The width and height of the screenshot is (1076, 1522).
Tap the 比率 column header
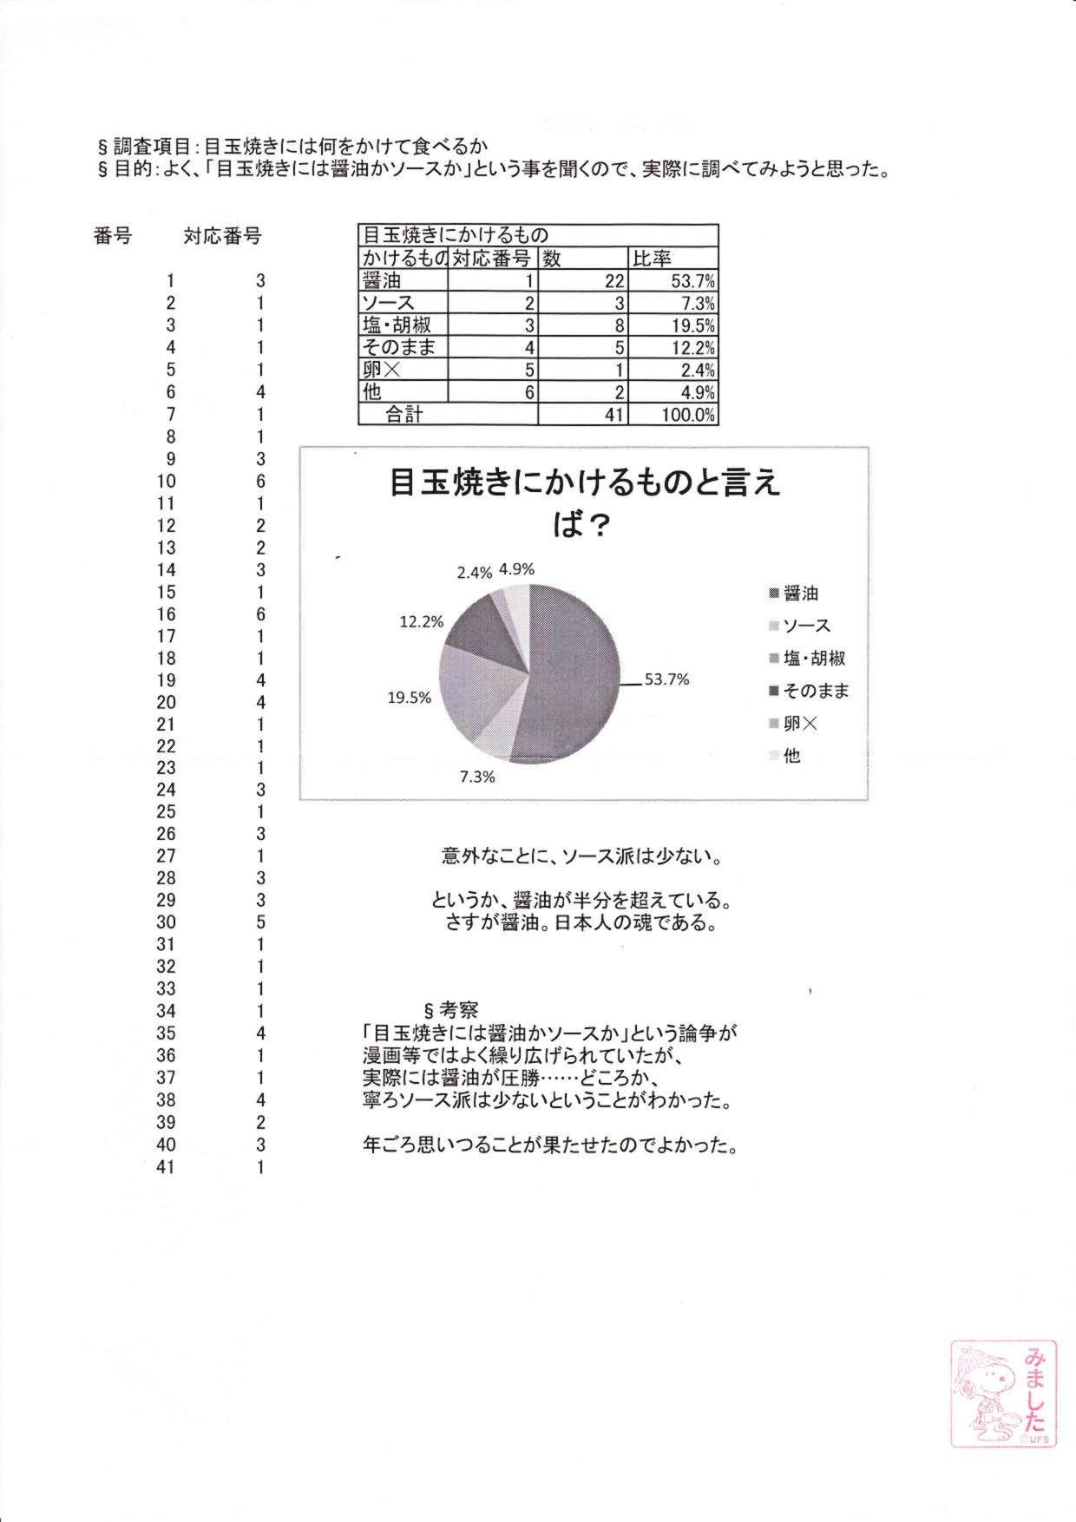point(653,259)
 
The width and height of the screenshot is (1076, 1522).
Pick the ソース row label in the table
point(388,303)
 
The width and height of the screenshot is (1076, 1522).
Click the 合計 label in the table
point(404,415)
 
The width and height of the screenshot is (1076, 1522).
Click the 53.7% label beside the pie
point(666,679)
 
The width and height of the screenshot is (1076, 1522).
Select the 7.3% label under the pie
point(477,777)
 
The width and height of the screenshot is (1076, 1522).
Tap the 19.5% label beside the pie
point(409,698)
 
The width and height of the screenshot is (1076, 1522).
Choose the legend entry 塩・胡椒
point(814,659)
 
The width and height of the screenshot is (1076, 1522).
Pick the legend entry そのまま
point(816,691)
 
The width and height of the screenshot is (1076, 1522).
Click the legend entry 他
point(791,756)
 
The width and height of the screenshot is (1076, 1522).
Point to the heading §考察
point(450,1010)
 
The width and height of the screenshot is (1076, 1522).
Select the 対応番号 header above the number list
point(222,236)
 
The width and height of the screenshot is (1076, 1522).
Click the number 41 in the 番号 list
point(166,1167)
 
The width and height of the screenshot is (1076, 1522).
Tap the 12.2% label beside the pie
point(422,622)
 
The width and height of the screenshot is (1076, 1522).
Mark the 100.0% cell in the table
point(687,415)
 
